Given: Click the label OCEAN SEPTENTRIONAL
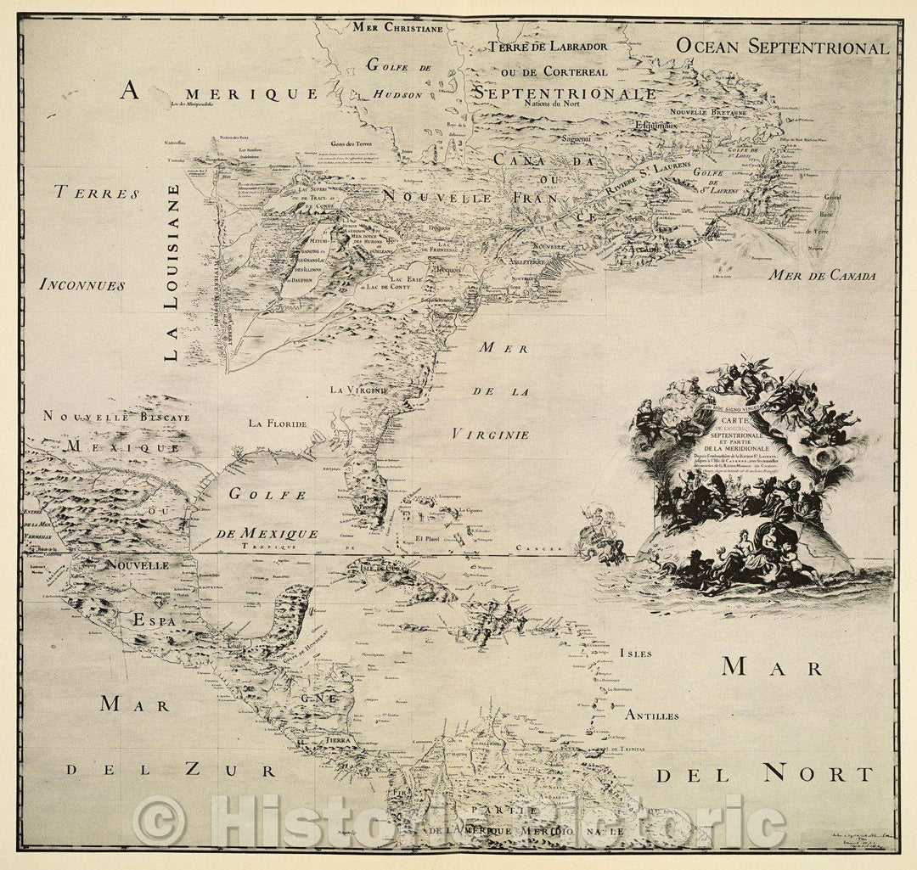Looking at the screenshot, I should click(782, 48).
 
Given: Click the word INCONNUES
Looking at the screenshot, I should click(82, 285).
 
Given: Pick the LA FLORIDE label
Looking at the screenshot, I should click(277, 423).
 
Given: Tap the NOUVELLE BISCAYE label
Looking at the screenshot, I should click(116, 417).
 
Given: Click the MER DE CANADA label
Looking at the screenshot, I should click(823, 276).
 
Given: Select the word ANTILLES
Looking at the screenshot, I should click(651, 716).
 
